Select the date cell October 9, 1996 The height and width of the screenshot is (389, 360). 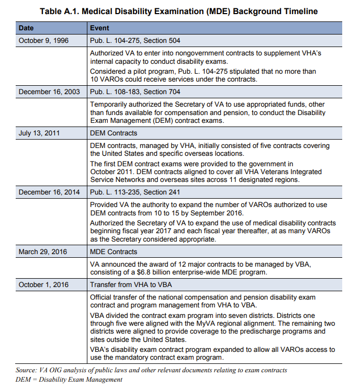[x=43, y=40]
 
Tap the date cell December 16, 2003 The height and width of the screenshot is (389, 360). [x=49, y=91]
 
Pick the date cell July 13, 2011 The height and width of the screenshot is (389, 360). [x=39, y=133]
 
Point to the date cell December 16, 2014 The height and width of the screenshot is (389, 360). [x=49, y=192]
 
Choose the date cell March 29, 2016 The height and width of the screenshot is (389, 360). [x=43, y=251]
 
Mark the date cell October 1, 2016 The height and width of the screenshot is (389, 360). [x=43, y=284]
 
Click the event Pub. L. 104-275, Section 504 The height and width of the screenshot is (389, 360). [x=136, y=40]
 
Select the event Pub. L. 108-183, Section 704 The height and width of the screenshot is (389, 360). [x=136, y=91]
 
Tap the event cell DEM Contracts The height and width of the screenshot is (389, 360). [x=114, y=133]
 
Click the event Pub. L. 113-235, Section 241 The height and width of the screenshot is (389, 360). [x=136, y=192]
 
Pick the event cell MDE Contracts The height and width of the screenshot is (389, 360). [x=114, y=251]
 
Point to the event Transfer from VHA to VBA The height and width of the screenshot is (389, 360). [x=131, y=284]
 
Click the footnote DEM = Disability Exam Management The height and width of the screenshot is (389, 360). [x=69, y=379]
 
